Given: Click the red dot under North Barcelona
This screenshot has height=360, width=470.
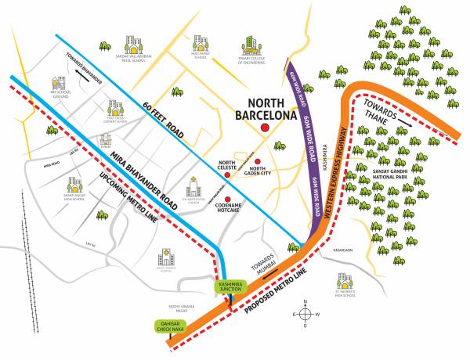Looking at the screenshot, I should tap(266, 128).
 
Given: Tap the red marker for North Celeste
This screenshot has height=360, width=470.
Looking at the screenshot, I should tap(227, 175).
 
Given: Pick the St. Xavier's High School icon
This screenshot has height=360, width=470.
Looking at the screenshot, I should tap(343, 280).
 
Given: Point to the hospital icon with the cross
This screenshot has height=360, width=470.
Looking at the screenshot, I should tap(165, 256).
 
